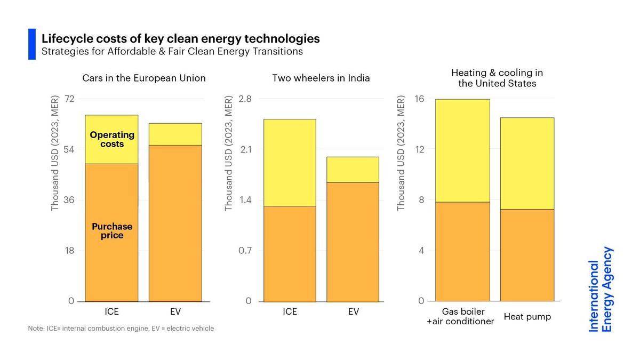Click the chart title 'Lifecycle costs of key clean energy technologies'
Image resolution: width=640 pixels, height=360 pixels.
[181, 39]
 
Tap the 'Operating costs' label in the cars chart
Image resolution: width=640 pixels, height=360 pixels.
[111, 140]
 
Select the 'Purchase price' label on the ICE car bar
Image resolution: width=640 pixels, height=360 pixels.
[111, 231]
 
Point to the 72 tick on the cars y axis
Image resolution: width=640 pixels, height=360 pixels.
[70, 99]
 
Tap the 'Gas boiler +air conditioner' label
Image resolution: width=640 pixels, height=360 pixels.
[461, 316]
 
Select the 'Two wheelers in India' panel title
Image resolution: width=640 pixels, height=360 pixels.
[321, 78]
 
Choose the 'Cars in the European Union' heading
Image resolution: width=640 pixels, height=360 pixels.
[143, 78]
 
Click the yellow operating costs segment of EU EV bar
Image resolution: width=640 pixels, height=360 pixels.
[175, 134]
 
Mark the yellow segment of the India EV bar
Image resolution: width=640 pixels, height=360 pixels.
[353, 170]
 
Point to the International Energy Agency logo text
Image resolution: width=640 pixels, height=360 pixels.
[601, 289]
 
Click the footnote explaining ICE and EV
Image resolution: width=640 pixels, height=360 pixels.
[121, 329]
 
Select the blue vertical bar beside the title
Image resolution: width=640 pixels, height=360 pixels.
[31, 44]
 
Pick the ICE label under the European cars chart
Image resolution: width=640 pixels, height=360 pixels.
[111, 311]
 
